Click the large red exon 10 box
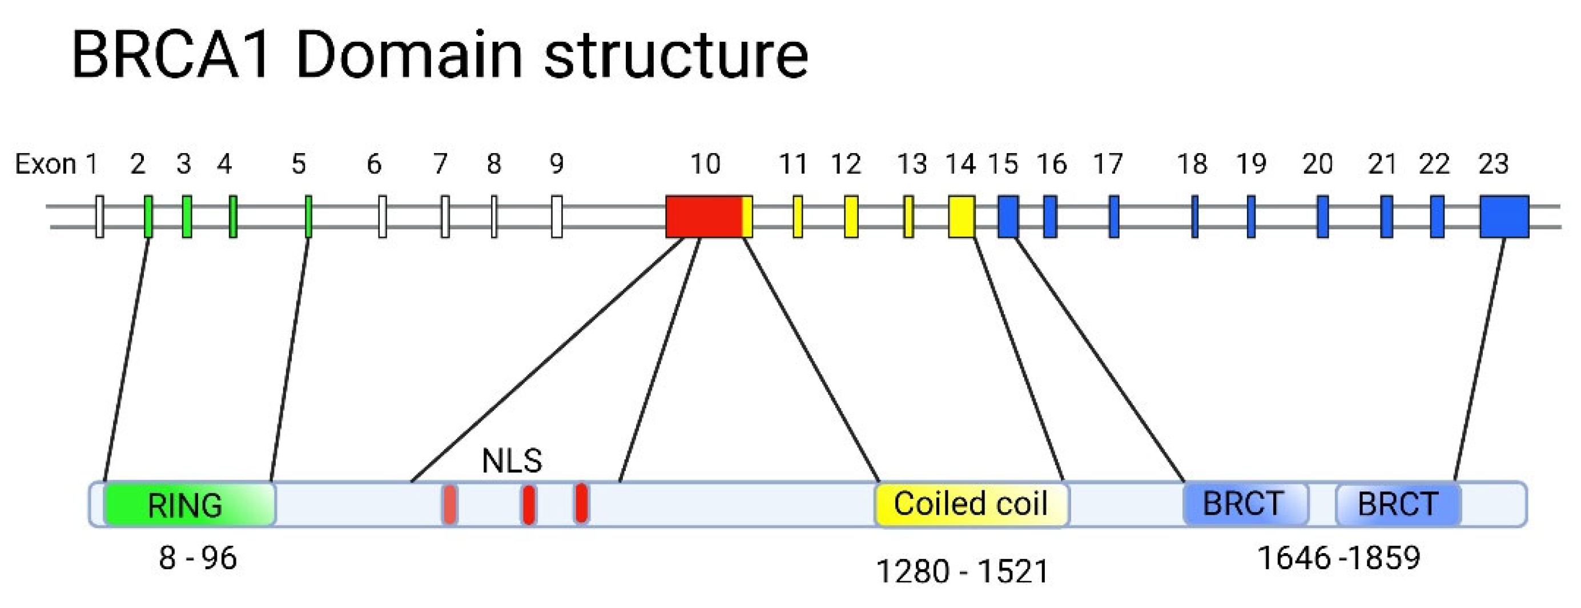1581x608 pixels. tap(704, 216)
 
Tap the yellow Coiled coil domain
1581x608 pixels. tap(971, 504)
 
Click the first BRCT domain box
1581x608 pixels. tap(1245, 504)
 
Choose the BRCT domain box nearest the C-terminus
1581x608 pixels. tap(1398, 504)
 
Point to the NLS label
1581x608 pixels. tap(512, 461)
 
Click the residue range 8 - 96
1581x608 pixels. tap(198, 558)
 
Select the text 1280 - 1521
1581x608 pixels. tap(962, 571)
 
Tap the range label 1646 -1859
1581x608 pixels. tap(1338, 558)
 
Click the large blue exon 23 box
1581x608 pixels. tap(1504, 216)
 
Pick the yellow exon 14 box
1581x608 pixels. tap(961, 216)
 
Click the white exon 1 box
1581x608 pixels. tap(99, 216)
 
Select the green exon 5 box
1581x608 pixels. tap(308, 216)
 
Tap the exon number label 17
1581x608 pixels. tap(1108, 164)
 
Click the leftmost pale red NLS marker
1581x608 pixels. tap(449, 504)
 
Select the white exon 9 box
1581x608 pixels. tap(557, 216)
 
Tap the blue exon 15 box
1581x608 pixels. tap(1008, 216)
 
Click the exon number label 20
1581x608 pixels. tap(1317, 164)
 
